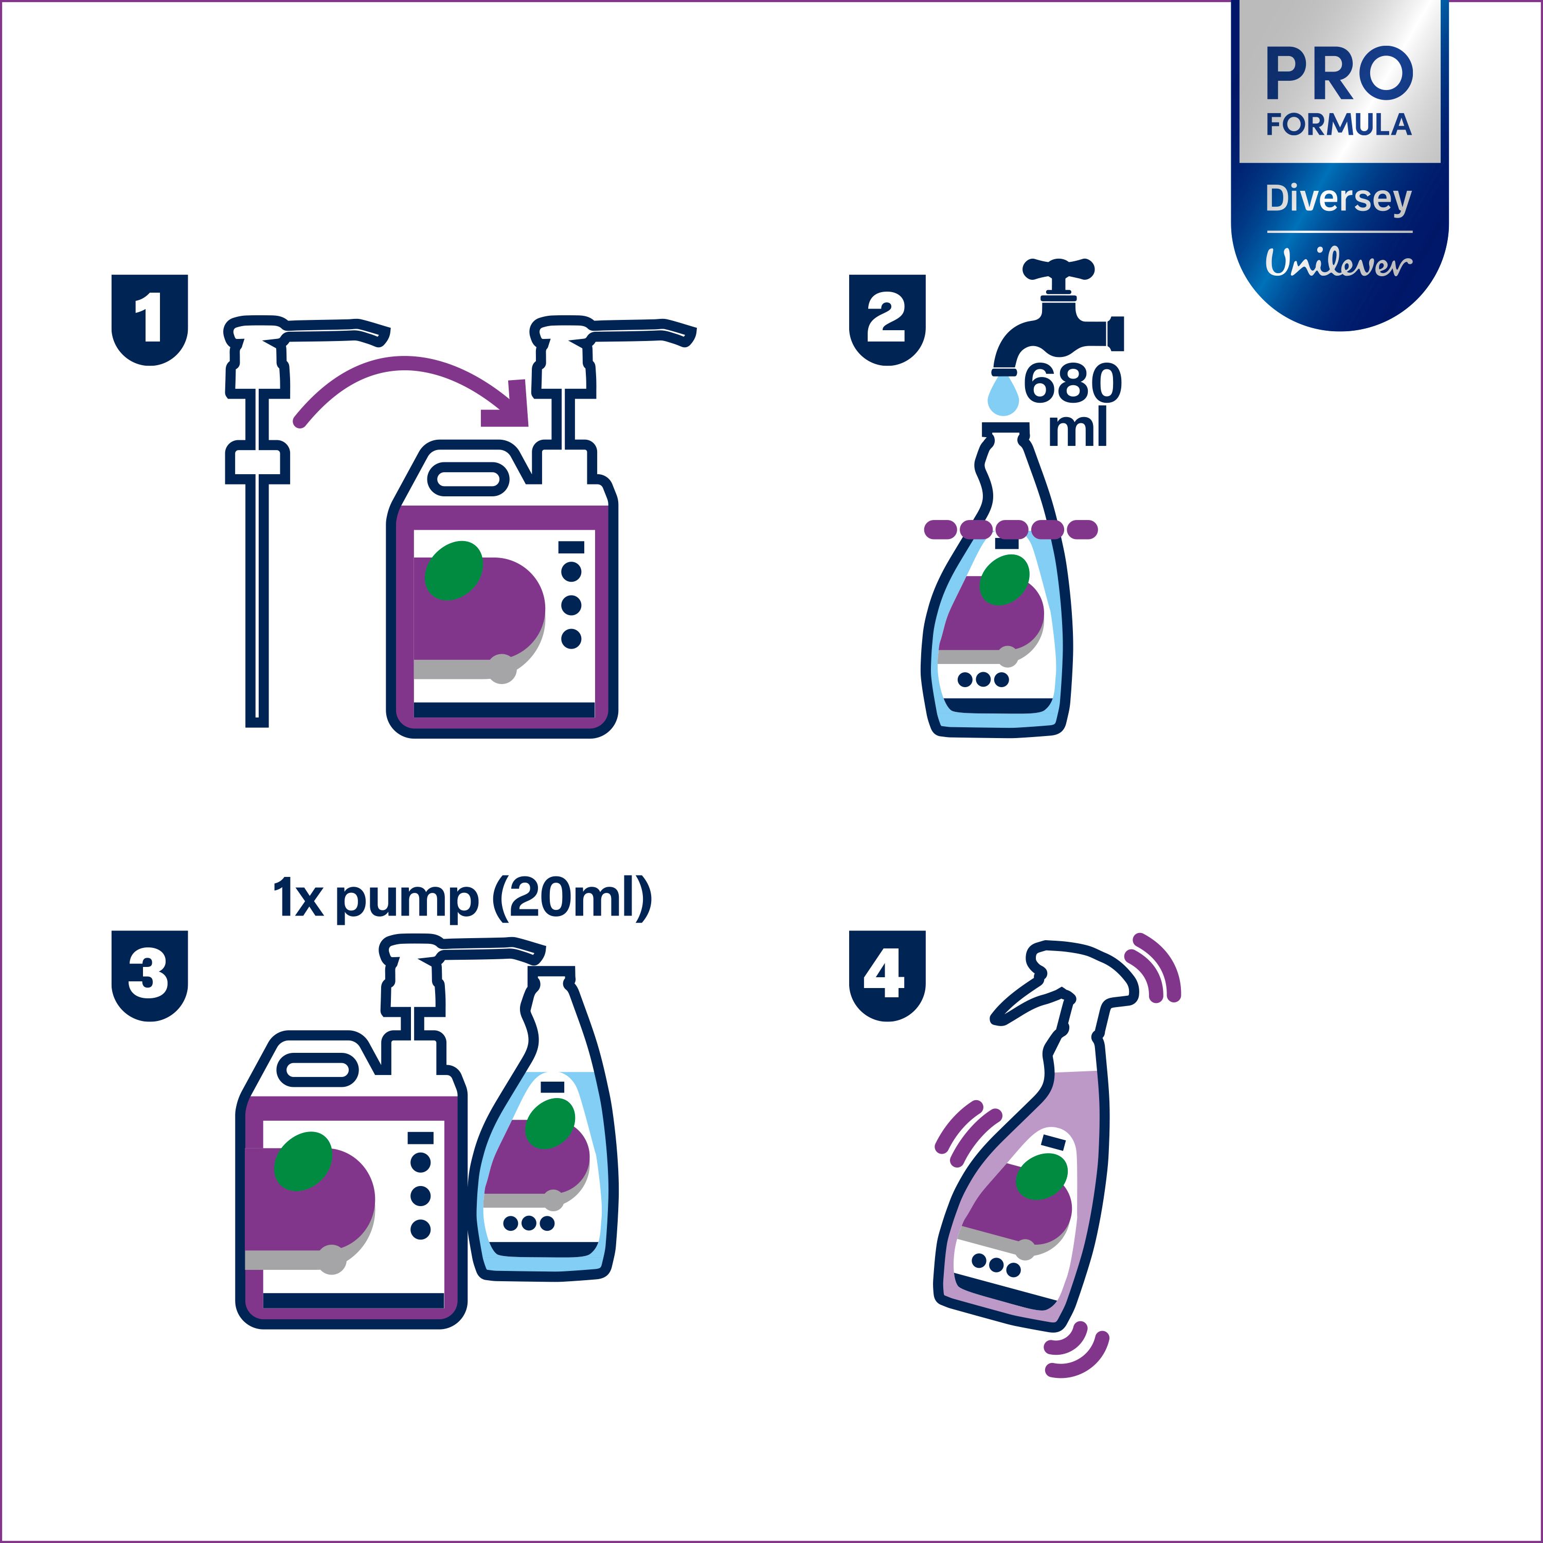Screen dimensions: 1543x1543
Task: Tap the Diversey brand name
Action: click(1338, 199)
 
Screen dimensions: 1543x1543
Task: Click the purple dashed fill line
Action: click(1010, 529)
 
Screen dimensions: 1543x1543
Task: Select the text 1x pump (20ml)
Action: click(462, 899)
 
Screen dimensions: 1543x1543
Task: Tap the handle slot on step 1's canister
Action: click(468, 479)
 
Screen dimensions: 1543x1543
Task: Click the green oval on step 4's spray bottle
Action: click(1042, 1176)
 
